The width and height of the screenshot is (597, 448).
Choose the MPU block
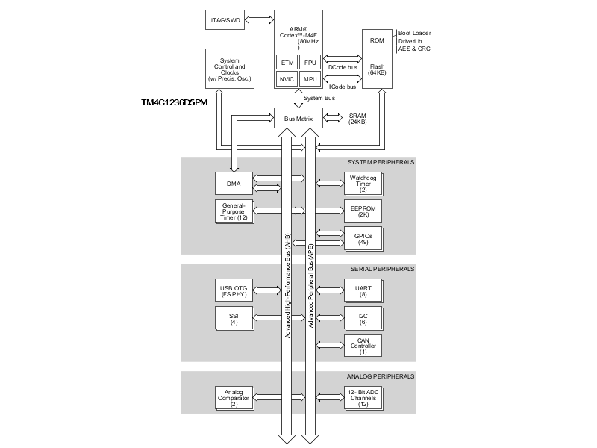(310, 79)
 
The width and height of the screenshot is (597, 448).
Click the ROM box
(377, 40)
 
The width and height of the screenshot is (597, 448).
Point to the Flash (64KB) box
(377, 69)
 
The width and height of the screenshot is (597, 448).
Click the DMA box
(233, 181)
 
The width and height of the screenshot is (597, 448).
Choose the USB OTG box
(233, 290)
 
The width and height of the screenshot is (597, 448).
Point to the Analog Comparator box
(233, 398)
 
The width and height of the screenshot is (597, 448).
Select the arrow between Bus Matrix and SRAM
(332, 119)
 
